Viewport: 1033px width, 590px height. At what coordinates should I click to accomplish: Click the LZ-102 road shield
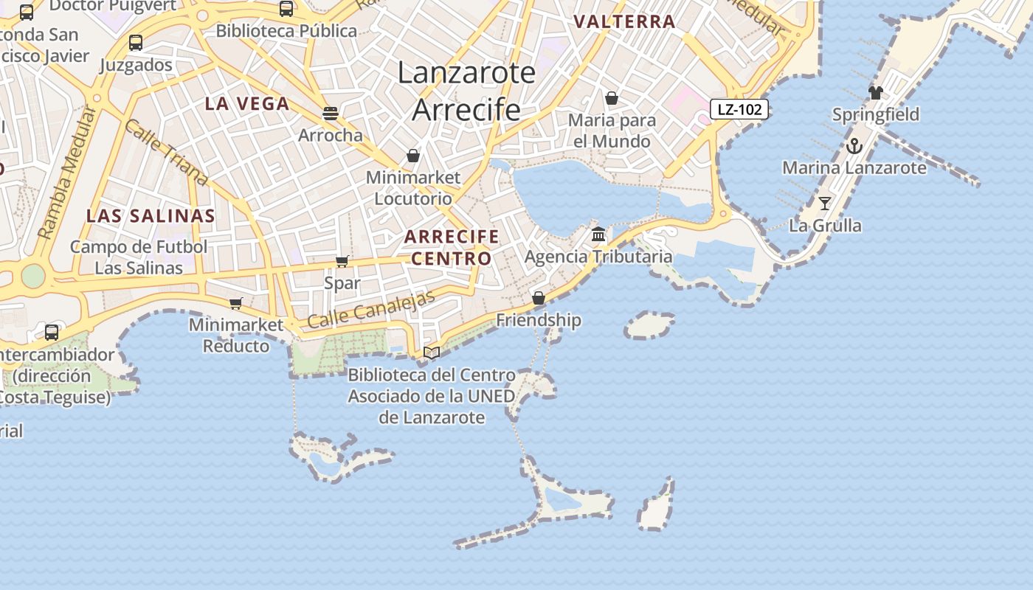[x=739, y=110]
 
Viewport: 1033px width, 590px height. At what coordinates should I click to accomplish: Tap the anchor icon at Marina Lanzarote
[x=854, y=145]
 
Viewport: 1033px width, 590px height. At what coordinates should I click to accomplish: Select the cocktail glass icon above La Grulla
[x=825, y=203]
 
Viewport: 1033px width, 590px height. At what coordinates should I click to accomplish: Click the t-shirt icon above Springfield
[x=875, y=92]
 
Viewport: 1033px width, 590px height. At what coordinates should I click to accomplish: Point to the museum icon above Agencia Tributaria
[x=598, y=235]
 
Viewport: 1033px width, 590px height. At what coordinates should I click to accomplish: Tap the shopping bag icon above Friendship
[x=539, y=298]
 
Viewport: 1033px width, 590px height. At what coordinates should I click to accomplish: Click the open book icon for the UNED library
[x=432, y=353]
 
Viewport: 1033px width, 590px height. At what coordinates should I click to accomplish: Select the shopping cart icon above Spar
[x=342, y=261]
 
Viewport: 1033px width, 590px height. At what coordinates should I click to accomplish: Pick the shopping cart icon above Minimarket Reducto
[x=236, y=303]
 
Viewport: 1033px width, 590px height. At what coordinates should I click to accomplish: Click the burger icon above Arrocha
[x=330, y=113]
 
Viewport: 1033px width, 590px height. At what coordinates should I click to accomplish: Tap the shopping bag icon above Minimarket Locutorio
[x=413, y=156]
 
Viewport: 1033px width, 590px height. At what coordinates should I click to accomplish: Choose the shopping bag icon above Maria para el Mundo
[x=611, y=98]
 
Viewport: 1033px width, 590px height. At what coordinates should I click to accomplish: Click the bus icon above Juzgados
[x=136, y=43]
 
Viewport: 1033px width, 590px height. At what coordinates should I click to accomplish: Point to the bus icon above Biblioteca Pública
[x=286, y=9]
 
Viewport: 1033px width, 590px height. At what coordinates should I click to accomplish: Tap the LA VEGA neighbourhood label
[x=247, y=104]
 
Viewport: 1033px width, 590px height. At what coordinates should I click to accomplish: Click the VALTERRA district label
[x=624, y=22]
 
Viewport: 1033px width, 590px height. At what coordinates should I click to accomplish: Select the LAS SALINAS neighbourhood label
[x=151, y=216]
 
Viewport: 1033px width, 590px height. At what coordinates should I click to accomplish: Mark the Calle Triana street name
[x=166, y=152]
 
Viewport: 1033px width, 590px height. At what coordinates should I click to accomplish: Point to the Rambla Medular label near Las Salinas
[x=67, y=173]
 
